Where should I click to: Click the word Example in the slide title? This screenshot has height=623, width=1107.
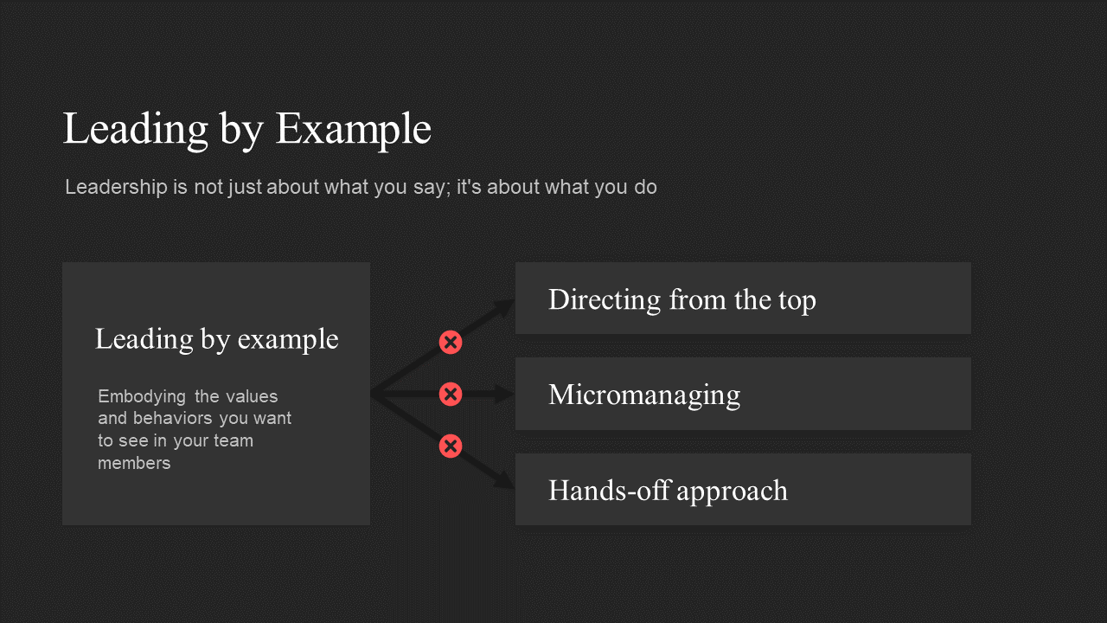[354, 129]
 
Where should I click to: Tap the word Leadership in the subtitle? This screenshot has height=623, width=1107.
[116, 187]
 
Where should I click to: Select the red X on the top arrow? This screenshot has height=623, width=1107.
[451, 342]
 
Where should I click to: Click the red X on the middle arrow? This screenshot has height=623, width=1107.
[451, 394]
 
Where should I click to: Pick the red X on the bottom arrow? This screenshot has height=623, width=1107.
[451, 446]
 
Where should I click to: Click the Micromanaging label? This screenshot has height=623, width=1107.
[644, 395]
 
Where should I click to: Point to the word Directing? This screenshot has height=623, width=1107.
[605, 299]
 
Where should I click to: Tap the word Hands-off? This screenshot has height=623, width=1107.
[610, 490]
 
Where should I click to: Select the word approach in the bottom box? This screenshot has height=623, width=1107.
[732, 492]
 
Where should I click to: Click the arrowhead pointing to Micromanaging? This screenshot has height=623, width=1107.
[504, 394]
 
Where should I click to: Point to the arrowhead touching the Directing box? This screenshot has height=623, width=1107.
[505, 306]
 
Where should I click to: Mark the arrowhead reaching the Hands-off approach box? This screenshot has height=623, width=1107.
[505, 480]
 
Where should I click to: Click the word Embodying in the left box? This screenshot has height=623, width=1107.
[142, 397]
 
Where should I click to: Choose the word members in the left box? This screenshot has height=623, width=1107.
[134, 463]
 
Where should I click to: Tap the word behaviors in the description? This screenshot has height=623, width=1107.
[172, 418]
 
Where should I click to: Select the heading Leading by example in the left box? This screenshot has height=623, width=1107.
[216, 340]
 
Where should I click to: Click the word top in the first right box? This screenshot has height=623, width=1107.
[797, 301]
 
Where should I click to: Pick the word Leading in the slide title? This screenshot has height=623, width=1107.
[136, 129]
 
